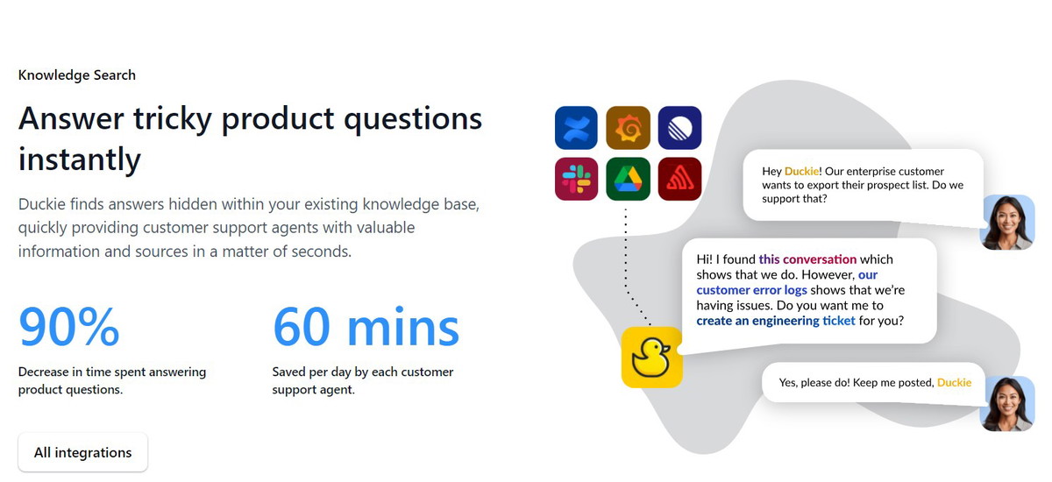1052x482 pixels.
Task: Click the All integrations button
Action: tap(82, 452)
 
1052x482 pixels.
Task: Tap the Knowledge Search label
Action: tap(77, 75)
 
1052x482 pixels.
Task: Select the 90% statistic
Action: tap(69, 326)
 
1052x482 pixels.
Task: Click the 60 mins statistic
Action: tap(366, 326)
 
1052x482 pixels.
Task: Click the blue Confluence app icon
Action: tap(576, 128)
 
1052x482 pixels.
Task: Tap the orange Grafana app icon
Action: tap(628, 128)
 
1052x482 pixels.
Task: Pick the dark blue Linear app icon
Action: tap(679, 128)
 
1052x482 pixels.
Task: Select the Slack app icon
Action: tap(576, 179)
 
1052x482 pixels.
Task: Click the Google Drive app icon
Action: tap(628, 179)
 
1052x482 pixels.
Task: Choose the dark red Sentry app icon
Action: tap(679, 179)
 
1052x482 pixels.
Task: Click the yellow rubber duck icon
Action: tap(651, 358)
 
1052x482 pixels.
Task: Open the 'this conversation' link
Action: tap(807, 259)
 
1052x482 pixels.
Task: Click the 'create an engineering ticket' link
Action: tap(775, 321)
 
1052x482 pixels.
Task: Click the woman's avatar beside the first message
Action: tap(1007, 222)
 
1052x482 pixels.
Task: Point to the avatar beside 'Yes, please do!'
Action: tap(1007, 404)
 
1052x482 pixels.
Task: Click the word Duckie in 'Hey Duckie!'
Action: tap(801, 171)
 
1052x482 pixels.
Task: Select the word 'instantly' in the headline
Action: tap(80, 159)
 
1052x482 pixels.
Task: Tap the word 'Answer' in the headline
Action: tap(71, 118)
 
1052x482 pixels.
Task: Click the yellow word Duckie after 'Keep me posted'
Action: tap(955, 382)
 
